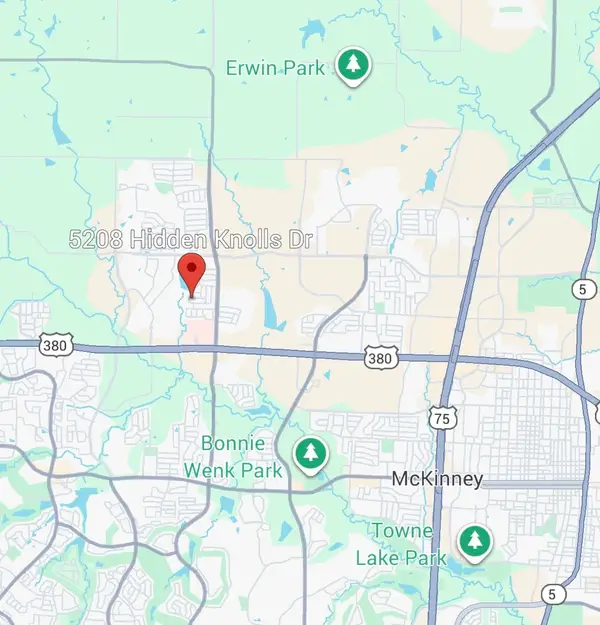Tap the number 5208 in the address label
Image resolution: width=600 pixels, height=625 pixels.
tap(96, 240)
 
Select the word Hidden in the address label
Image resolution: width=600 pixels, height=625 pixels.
tap(166, 240)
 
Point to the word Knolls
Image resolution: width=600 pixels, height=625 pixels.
tap(246, 240)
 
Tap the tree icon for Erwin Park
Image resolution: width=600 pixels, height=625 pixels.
tap(352, 66)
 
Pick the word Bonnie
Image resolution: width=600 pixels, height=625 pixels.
tap(234, 443)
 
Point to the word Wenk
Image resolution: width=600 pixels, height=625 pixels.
tap(208, 467)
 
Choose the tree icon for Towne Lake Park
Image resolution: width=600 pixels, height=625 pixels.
tap(473, 543)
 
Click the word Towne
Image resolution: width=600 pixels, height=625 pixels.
tap(403, 531)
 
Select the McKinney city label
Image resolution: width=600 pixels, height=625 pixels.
tap(437, 480)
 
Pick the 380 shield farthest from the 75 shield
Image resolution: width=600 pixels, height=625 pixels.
tap(55, 346)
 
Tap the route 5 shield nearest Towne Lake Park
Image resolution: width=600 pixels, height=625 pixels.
tap(554, 594)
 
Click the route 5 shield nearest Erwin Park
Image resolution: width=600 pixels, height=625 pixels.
tap(582, 289)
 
